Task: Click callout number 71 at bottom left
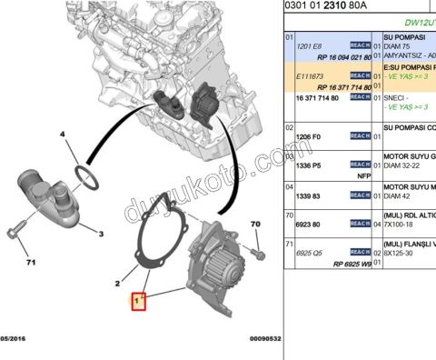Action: [30, 265]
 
